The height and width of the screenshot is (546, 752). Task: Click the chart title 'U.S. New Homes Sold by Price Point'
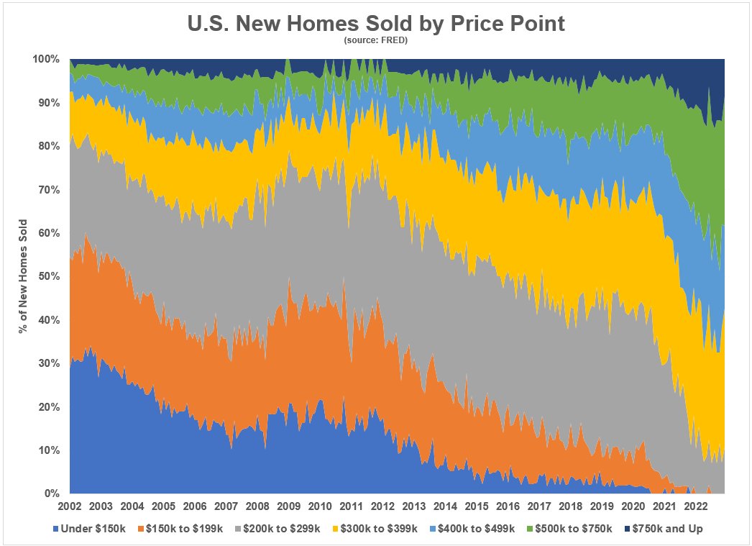pyautogui.click(x=376, y=23)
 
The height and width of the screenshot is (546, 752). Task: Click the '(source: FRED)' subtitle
pyautogui.click(x=376, y=41)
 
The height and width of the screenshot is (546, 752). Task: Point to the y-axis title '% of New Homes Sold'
pyautogui.click(x=24, y=276)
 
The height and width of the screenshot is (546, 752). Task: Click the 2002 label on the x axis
pyautogui.click(x=70, y=506)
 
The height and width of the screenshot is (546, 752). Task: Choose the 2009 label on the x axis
pyautogui.click(x=288, y=506)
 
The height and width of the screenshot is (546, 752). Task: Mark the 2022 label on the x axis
pyautogui.click(x=694, y=506)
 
